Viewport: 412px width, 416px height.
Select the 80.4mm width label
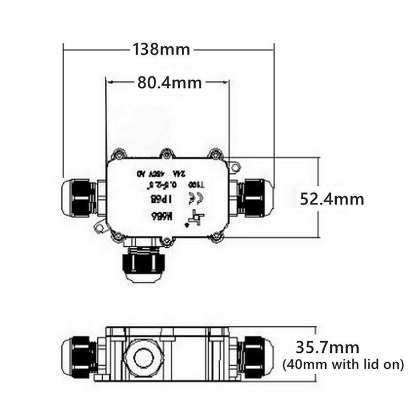click(169, 83)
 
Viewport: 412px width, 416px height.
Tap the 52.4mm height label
click(331, 198)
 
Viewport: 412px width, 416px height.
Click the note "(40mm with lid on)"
click(343, 364)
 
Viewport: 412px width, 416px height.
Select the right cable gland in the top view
click(255, 197)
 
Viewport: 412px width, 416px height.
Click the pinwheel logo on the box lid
click(193, 218)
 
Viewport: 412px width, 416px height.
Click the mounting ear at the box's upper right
click(235, 165)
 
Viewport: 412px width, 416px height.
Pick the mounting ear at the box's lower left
click(101, 226)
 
